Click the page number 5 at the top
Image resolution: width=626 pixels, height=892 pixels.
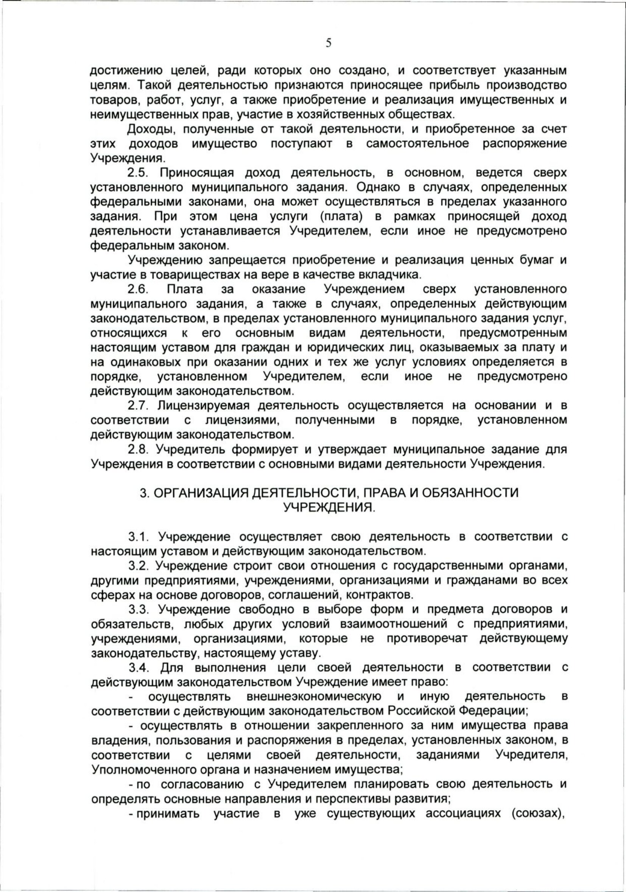(x=329, y=43)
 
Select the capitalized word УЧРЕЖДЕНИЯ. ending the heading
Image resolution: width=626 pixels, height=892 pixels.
(x=329, y=508)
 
